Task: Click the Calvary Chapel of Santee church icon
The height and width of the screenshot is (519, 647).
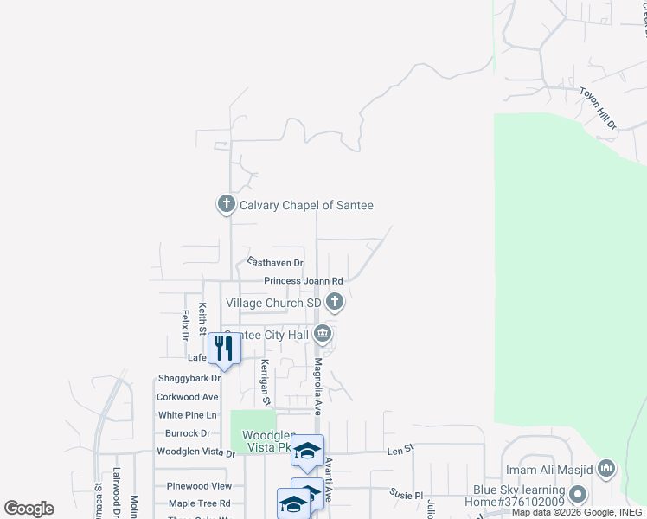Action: [226, 205]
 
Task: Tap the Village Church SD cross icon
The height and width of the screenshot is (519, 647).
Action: [335, 303]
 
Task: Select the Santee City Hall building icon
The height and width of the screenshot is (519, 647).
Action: [323, 333]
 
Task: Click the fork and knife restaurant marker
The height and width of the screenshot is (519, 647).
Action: [224, 349]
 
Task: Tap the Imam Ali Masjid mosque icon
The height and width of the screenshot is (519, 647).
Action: [605, 469]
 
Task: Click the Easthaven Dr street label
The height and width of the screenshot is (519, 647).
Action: [275, 262]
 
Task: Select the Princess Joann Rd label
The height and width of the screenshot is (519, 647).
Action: [304, 281]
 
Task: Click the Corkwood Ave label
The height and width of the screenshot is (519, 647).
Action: [187, 397]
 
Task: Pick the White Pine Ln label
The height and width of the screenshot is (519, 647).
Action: [186, 415]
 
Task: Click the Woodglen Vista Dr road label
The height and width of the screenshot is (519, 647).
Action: [195, 452]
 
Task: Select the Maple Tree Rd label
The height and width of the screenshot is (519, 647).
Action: [200, 503]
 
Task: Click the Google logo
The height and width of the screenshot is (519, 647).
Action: [29, 508]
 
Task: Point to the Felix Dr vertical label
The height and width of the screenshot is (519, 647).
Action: [185, 324]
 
